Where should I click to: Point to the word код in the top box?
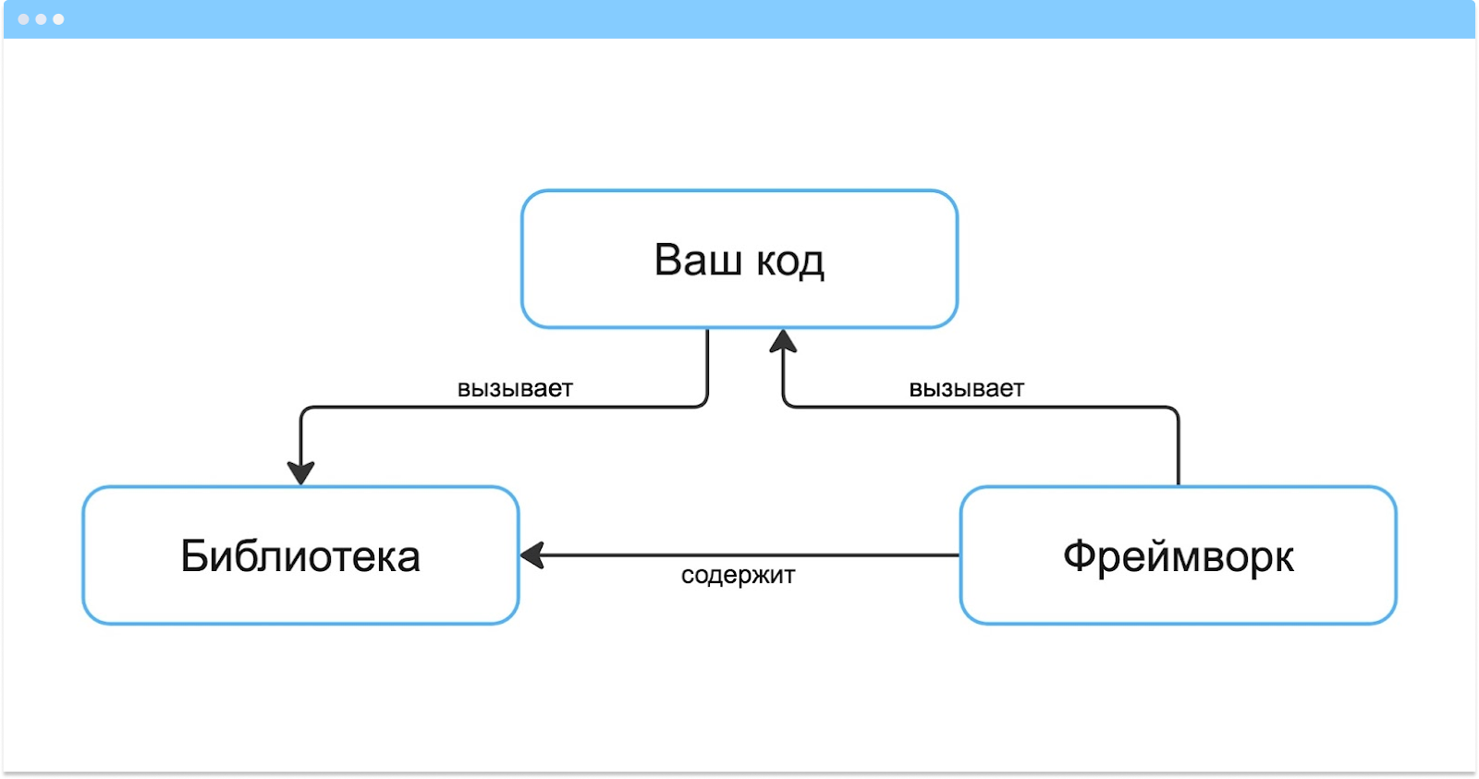[x=790, y=262]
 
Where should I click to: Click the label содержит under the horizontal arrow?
[x=738, y=576]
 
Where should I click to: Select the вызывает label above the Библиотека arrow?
[x=515, y=389]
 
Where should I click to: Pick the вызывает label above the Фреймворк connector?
[x=966, y=389]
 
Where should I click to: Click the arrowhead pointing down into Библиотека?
[x=300, y=472]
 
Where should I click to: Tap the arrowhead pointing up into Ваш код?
[x=783, y=342]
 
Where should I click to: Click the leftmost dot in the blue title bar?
[x=23, y=18]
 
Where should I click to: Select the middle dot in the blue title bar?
[x=41, y=18]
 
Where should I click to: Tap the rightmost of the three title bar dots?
[x=58, y=18]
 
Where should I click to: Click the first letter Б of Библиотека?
[x=193, y=556]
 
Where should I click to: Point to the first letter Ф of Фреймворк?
[x=1080, y=556]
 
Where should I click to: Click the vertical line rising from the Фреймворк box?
[x=1179, y=448]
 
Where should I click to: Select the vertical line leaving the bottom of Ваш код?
[x=707, y=365]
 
